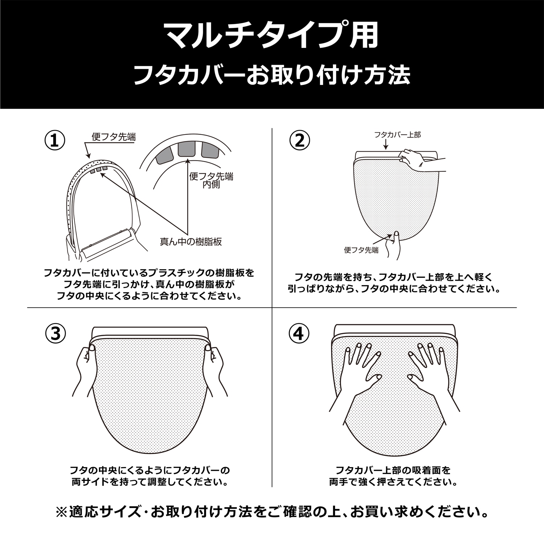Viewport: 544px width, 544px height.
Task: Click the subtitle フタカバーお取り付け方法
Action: point(272,75)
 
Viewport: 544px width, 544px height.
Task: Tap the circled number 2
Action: point(300,141)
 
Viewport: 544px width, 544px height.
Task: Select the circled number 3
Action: point(55,334)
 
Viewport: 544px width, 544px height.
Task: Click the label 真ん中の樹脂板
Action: point(191,242)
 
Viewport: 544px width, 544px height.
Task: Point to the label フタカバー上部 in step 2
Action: point(397,135)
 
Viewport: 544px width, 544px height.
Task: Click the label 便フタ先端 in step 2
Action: point(361,250)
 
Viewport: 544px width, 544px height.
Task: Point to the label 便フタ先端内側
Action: point(211,180)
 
